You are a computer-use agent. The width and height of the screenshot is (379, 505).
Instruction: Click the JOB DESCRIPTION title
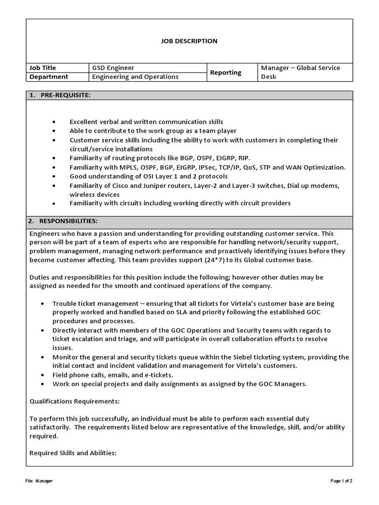[x=189, y=41]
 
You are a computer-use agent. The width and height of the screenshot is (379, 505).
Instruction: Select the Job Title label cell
[x=43, y=68]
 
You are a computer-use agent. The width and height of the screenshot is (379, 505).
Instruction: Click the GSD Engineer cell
[x=113, y=68]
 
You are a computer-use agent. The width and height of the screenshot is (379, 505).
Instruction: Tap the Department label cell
[x=49, y=77]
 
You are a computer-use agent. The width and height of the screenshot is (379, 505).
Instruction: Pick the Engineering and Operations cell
[x=135, y=77]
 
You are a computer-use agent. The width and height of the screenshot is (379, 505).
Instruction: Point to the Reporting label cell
[x=226, y=72]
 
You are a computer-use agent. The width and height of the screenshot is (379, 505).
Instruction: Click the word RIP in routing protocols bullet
[x=243, y=158]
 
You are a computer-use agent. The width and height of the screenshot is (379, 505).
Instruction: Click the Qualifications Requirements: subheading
[x=75, y=401]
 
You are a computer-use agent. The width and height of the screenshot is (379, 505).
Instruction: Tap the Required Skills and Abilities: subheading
[x=73, y=453]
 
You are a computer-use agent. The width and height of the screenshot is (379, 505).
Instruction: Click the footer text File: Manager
[x=39, y=481]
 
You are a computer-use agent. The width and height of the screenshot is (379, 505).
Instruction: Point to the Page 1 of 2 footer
[x=341, y=481]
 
